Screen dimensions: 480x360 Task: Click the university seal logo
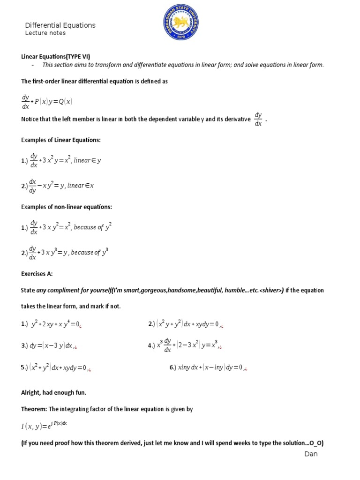point(180,23)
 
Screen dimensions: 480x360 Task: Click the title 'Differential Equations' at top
point(60,25)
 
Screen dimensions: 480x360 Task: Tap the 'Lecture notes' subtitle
point(45,33)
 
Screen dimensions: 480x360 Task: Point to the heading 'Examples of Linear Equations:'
point(61,140)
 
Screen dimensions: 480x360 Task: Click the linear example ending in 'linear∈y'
point(61,160)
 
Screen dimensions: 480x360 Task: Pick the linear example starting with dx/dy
point(58,186)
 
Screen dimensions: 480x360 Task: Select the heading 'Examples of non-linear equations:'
point(67,207)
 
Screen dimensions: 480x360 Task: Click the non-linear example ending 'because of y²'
point(67,227)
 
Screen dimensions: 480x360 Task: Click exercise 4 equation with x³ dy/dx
point(185,346)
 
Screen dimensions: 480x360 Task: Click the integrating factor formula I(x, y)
point(45,426)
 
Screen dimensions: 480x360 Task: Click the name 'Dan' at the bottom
point(311,454)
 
